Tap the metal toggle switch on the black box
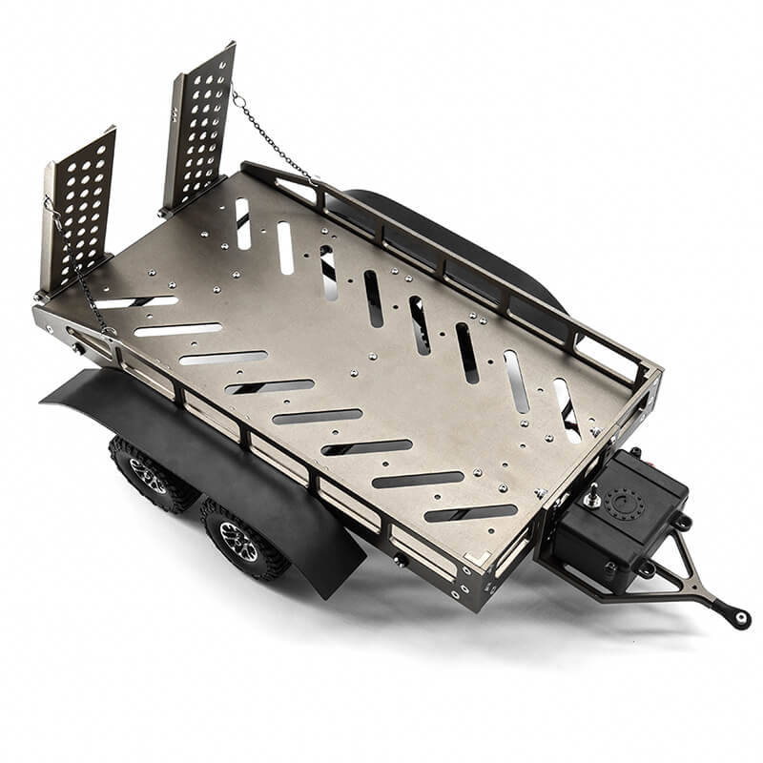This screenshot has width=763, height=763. point(593,496)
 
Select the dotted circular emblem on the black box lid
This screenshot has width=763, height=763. point(626,504)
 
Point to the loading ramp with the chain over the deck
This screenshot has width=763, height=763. point(199,124)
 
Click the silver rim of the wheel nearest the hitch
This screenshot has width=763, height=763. point(237,541)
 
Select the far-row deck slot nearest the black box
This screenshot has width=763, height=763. point(567,408)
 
